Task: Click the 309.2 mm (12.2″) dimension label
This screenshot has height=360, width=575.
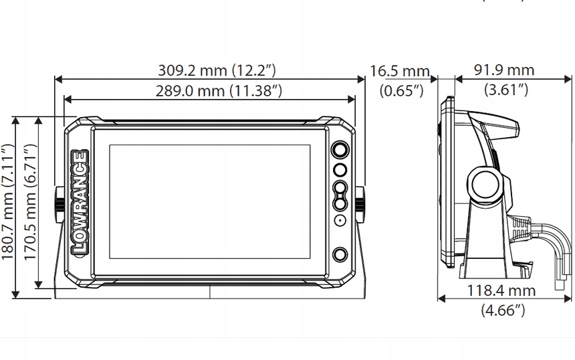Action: point(217,70)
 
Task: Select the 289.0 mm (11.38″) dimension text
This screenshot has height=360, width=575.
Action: point(219,90)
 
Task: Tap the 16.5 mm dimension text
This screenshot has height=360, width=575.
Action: point(399,71)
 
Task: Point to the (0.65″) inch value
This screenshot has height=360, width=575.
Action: point(402,90)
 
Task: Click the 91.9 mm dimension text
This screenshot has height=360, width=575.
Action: point(504,70)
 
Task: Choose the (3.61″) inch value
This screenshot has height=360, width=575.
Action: point(506,89)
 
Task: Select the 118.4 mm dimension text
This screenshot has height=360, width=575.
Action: point(501,290)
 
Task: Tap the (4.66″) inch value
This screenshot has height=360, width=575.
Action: point(503,310)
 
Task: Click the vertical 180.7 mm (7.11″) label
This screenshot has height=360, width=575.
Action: point(8,202)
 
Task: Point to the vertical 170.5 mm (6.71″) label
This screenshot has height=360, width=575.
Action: point(31,202)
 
